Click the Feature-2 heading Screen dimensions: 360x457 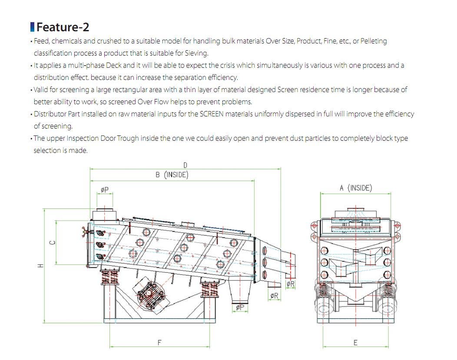point(63,27)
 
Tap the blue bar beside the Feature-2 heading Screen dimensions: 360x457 point(32,27)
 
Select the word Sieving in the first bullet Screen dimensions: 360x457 point(197,53)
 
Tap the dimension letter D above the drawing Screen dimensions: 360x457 point(185,165)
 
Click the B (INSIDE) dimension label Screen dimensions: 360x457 point(172,175)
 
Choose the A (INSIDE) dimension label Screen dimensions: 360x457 point(355,188)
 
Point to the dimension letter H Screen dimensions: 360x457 point(40,265)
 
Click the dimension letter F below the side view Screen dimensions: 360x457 point(159,342)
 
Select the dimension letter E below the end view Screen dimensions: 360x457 point(355,343)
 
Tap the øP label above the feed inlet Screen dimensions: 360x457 point(104,190)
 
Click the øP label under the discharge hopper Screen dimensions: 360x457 point(239,307)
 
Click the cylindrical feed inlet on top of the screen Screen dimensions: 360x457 point(105,215)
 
